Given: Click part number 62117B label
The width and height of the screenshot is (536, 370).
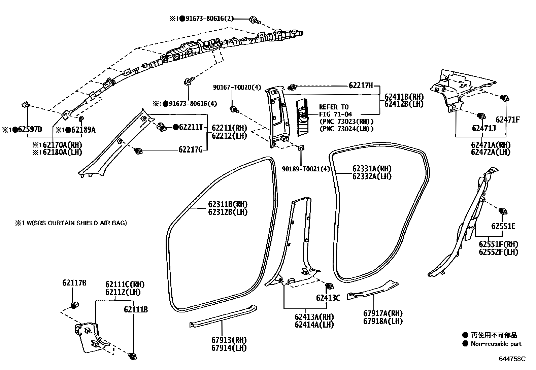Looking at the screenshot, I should coord(74,283).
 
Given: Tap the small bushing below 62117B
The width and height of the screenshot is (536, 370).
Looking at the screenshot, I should coord(75,305).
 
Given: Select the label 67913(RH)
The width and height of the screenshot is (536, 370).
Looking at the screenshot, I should coord(229,340).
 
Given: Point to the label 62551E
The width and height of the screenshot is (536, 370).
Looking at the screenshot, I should coord(503,226).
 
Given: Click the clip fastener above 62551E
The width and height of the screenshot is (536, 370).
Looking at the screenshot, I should coord(503,211).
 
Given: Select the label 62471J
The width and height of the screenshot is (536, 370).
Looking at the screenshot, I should coord(484,129).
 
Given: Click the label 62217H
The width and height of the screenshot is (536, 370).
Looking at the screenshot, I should coord(361,86).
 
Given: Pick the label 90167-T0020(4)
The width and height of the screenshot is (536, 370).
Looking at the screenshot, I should coord(237,88).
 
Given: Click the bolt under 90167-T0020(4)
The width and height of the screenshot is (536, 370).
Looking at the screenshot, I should coord(233,109).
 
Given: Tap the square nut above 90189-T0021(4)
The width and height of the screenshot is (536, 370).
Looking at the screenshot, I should coord(301,147).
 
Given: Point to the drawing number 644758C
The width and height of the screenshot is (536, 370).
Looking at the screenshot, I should coord(512,359).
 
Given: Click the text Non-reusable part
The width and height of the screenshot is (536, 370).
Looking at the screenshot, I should coord(496,344).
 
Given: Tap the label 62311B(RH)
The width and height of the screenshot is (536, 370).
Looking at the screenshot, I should coord(228,204).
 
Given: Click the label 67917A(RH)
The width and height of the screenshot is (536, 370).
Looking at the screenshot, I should coord(383,313).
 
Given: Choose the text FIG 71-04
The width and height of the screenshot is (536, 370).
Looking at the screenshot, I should coord(335,114).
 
